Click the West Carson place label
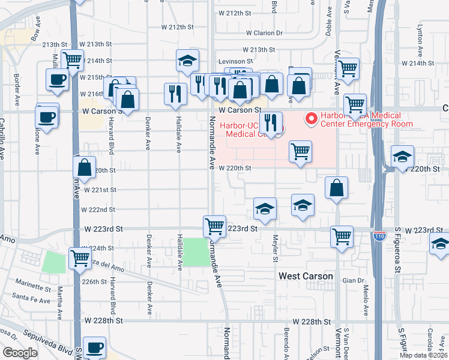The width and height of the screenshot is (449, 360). click(306, 276)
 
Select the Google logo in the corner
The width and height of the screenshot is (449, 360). click(20, 352)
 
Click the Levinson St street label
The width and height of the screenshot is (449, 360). click(235, 61)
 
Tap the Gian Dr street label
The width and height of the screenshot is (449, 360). click(350, 280)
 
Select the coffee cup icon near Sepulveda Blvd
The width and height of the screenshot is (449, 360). click(94, 347)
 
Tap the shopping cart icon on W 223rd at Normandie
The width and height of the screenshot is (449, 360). click(214, 226)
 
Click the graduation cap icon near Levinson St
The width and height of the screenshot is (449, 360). click(187, 60)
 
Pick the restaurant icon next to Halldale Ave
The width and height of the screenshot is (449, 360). click(175, 94)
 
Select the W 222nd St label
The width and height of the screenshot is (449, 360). click(99, 209)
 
